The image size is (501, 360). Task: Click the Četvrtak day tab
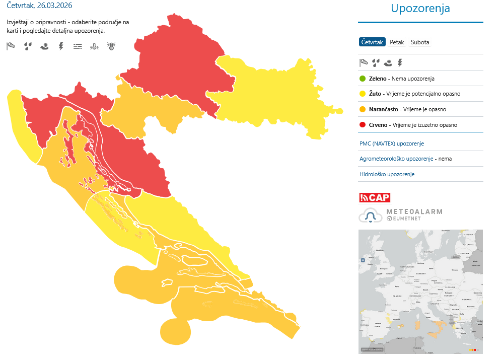click(372, 42)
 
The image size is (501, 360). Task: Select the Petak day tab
click(397, 42)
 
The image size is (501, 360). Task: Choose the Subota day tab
click(420, 42)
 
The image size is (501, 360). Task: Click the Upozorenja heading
click(420, 9)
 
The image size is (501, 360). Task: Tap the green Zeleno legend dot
click(363, 79)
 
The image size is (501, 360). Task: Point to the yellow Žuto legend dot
click(363, 94)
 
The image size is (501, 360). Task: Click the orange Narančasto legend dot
click(363, 109)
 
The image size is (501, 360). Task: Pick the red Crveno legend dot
click(363, 125)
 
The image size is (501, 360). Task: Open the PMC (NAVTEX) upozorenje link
click(392, 143)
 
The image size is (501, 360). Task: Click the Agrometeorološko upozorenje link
click(396, 159)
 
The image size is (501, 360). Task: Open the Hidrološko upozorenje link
click(387, 174)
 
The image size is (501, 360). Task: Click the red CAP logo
click(375, 197)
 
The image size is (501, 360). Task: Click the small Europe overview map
click(420, 291)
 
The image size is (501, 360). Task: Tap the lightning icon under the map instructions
click(61, 46)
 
